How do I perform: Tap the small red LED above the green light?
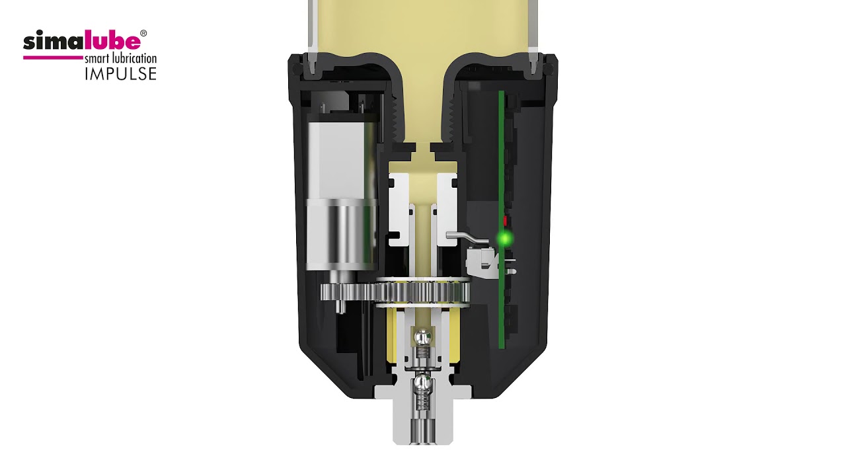pyautogui.click(x=505, y=220)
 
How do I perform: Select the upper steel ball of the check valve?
pyautogui.click(x=423, y=337)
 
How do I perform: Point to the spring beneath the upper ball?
pyautogui.click(x=423, y=354)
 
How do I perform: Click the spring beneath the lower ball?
pyautogui.click(x=423, y=401)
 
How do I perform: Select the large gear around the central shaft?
pyautogui.click(x=423, y=293)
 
